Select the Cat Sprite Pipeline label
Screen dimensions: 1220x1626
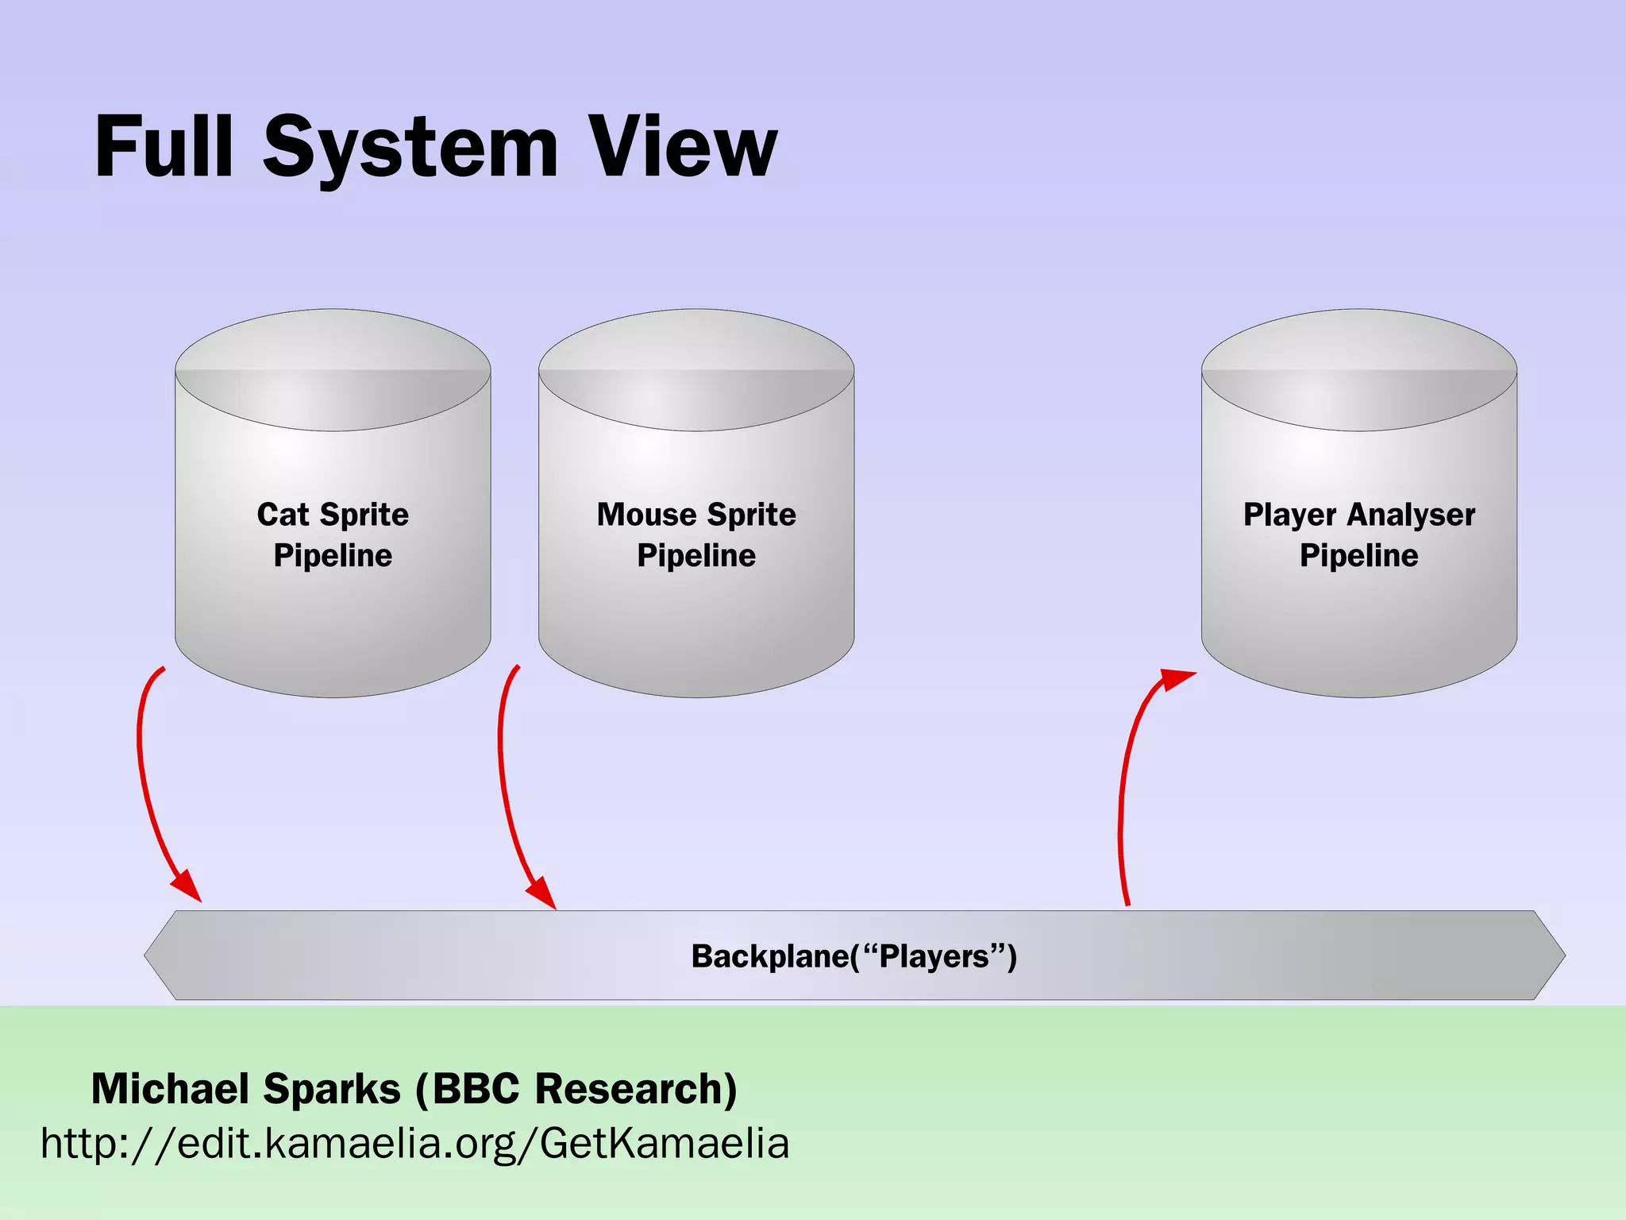tap(333, 535)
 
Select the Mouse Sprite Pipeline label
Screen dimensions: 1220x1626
tap(696, 535)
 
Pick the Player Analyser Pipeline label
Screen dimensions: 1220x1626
tap(1358, 535)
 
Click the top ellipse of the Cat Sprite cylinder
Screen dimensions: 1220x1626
tap(333, 369)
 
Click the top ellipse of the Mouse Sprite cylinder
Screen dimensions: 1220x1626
tap(696, 369)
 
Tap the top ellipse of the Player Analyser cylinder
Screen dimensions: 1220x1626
tap(1358, 369)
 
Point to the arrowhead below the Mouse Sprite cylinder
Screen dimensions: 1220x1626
tap(542, 892)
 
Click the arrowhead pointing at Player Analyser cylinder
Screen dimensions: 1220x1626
tap(1176, 680)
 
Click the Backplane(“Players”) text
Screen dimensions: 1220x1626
tap(853, 956)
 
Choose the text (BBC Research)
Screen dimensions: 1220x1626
tap(577, 1088)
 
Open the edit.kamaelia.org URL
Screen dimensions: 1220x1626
tap(414, 1144)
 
